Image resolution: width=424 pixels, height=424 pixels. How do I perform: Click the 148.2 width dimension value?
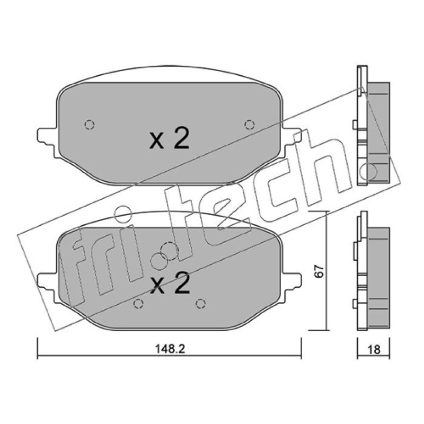pos(170,349)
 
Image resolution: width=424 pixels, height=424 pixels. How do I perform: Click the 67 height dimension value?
pos(320,271)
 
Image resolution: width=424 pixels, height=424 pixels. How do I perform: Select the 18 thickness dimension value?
pos(374,350)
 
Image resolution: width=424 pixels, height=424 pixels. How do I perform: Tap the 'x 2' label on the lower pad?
pos(170,283)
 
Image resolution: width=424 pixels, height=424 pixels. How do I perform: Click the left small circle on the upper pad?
pos(90,125)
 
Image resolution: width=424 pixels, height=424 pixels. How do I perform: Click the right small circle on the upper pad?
pos(249,125)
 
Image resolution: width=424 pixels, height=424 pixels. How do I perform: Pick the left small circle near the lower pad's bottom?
pos(138,304)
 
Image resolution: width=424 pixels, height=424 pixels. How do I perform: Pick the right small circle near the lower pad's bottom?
pos(200,304)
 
